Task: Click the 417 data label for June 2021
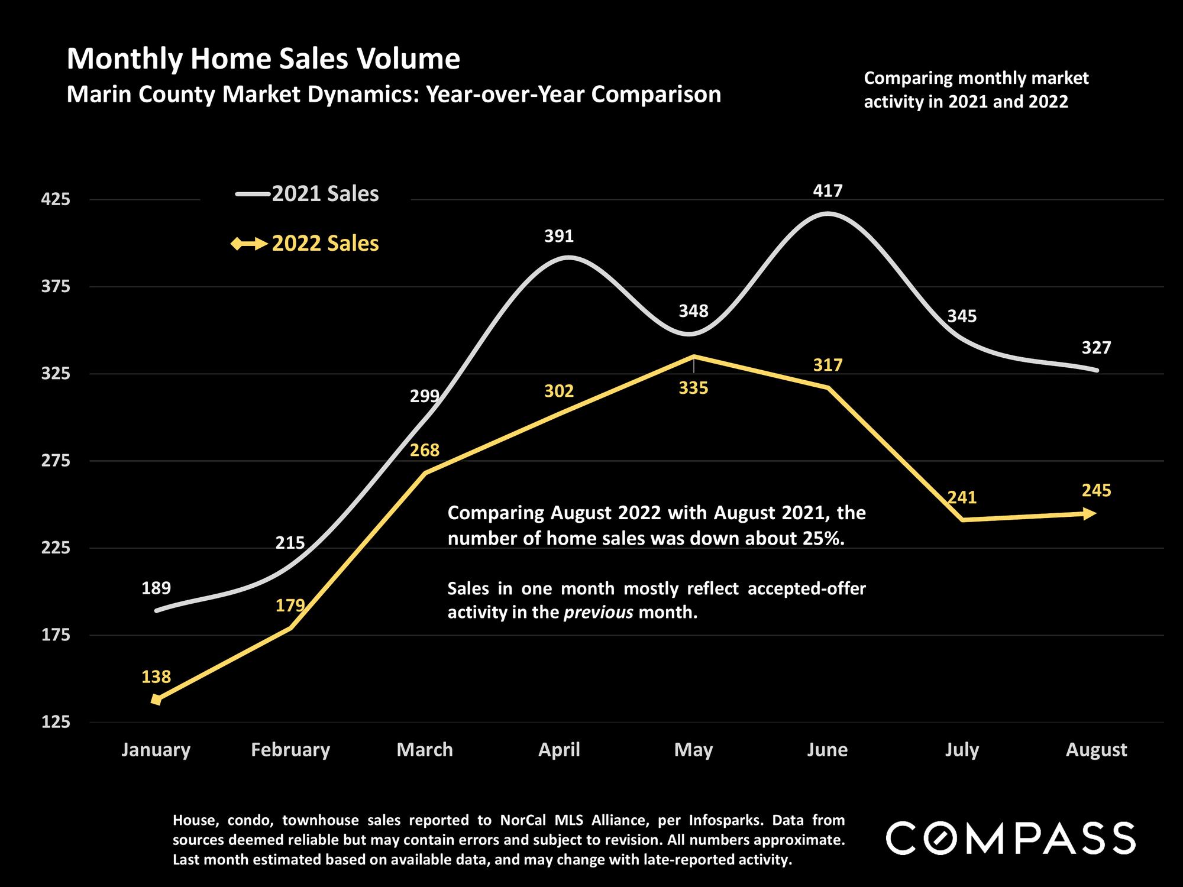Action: [828, 191]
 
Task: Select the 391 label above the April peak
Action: [559, 237]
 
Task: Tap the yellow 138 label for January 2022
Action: [156, 676]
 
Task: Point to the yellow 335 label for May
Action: [693, 389]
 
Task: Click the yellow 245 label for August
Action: [1096, 491]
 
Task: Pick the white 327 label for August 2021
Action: [1096, 348]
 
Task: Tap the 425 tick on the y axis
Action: [55, 200]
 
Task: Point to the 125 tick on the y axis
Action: [55, 722]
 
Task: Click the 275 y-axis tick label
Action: [55, 461]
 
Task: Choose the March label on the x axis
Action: [425, 750]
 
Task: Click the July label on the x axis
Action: [962, 750]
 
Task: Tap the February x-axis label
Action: [290, 750]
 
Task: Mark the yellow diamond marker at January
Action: [156, 700]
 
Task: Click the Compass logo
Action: [1010, 838]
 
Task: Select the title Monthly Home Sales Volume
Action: [263, 59]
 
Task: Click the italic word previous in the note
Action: [598, 612]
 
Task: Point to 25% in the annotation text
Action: [824, 539]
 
